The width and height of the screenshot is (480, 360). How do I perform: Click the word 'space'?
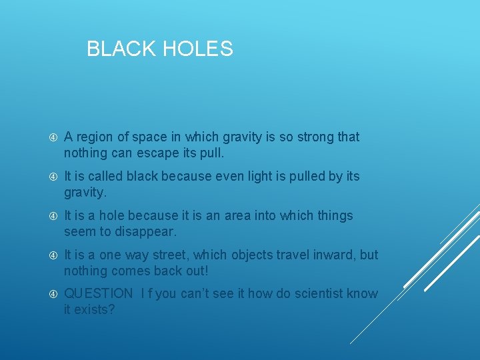click(147, 137)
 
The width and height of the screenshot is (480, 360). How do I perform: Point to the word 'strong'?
click(315, 137)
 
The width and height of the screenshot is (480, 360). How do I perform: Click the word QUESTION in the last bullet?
click(99, 293)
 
